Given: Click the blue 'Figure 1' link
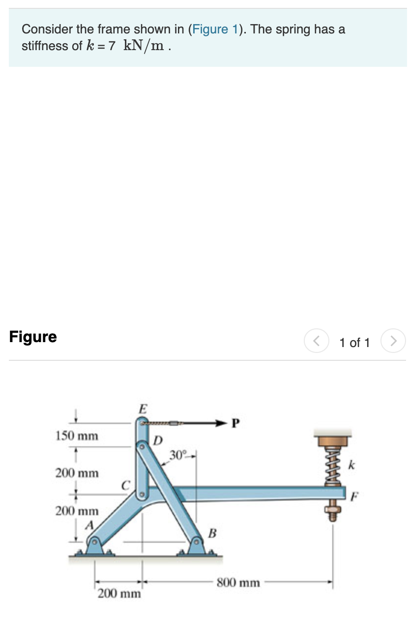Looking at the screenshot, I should [214, 29].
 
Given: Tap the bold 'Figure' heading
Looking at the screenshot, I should [33, 337].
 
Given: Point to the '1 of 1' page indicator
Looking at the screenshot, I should [354, 343].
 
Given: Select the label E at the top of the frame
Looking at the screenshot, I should [143, 408].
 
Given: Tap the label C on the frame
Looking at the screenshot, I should [126, 486].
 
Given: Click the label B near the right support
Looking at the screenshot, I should [212, 532].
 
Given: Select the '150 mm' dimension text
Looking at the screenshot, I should [77, 436].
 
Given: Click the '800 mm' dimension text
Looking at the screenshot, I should [238, 583].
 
